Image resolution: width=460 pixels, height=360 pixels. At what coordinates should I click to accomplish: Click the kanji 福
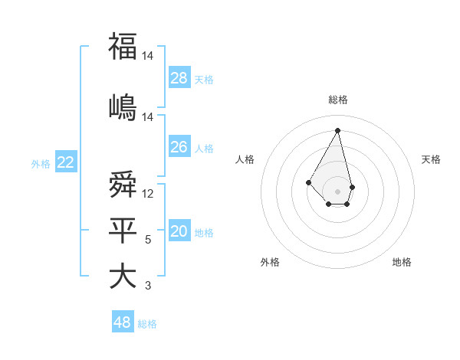click(x=123, y=47)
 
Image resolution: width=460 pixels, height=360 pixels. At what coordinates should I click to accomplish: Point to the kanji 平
click(x=123, y=230)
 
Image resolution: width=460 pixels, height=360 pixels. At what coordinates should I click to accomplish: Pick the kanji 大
click(x=123, y=276)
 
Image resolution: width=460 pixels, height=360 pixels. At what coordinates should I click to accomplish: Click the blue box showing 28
click(x=179, y=78)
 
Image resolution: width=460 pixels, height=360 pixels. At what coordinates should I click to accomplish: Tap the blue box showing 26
click(x=179, y=147)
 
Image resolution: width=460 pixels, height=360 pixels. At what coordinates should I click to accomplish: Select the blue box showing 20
click(x=179, y=231)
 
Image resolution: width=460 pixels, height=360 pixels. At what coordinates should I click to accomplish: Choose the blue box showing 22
click(x=65, y=162)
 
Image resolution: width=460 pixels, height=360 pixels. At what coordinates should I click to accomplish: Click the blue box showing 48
click(x=123, y=322)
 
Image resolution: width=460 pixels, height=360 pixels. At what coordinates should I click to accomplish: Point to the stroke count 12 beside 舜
click(x=148, y=194)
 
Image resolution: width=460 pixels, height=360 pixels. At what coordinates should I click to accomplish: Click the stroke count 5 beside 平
click(x=148, y=240)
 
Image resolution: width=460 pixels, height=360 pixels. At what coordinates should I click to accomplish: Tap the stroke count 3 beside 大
click(x=148, y=286)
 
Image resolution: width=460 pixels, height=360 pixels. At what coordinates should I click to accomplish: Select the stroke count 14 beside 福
click(x=147, y=56)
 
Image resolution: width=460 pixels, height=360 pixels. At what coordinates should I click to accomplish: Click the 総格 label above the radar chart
click(x=338, y=100)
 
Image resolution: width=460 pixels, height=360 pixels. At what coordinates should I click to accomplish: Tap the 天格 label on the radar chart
click(x=432, y=159)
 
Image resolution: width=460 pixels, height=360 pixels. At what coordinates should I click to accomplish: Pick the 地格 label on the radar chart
click(x=402, y=262)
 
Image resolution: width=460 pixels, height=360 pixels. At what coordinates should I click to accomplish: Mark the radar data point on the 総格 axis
click(x=338, y=129)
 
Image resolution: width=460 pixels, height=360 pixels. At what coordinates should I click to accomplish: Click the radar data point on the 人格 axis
click(x=309, y=182)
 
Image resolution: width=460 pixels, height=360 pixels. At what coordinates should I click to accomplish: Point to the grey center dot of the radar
click(x=338, y=191)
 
